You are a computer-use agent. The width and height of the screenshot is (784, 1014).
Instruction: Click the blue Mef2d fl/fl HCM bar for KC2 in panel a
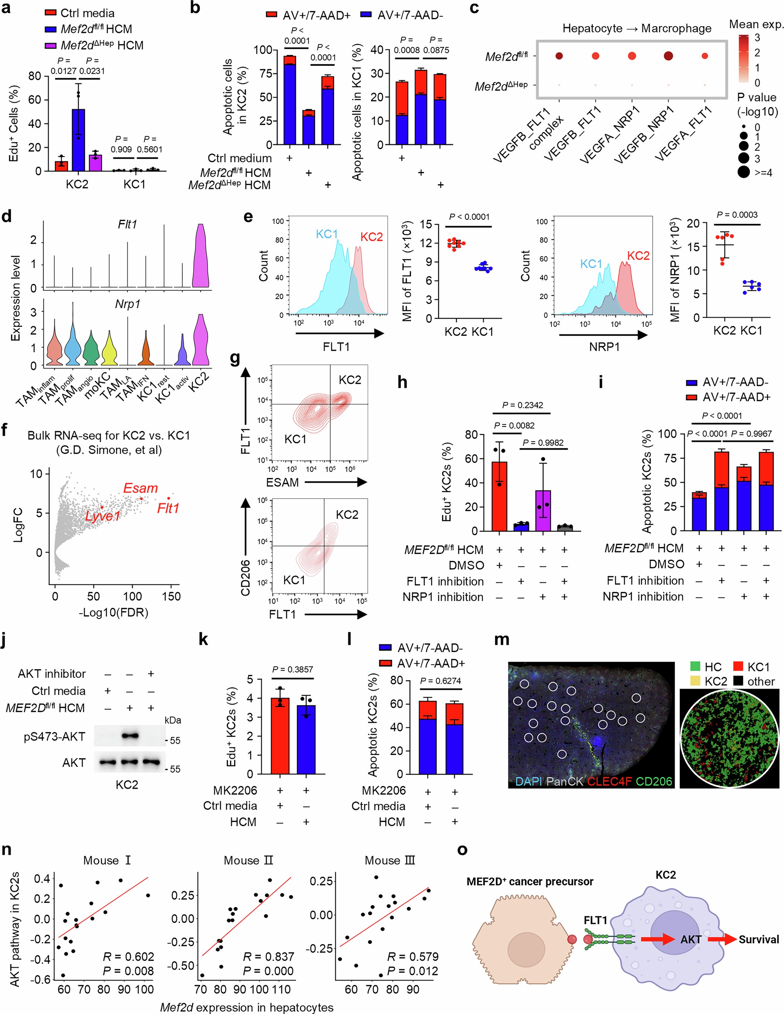pos(78,140)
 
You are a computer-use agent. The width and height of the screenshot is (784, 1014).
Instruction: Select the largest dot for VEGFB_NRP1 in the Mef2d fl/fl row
pos(668,56)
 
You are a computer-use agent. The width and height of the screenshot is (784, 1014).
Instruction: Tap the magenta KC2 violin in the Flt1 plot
pos(200,258)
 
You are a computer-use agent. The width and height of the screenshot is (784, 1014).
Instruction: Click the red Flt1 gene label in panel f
pos(168,508)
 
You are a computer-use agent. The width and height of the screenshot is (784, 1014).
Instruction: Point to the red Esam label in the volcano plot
pos(140,488)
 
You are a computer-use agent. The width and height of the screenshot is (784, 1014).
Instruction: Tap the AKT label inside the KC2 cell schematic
pos(690,939)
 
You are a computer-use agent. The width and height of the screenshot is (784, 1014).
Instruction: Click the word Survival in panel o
pos(759,939)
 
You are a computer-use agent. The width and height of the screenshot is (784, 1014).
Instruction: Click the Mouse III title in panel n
pos(390,860)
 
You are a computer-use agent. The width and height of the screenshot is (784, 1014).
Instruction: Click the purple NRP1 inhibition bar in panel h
pos(543,510)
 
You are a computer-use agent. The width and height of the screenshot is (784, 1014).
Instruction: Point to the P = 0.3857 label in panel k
pos(293,669)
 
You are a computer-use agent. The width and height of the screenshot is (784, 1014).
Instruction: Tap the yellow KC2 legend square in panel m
pos(693,681)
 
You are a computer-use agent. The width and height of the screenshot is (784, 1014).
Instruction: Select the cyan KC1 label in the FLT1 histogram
pos(327,234)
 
